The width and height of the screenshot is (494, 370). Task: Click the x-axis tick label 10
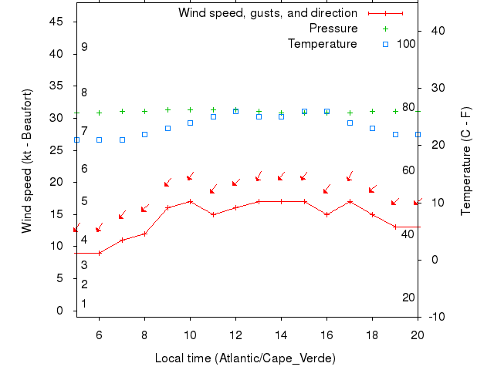(x=190, y=335)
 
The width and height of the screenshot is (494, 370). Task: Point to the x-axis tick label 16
(x=327, y=335)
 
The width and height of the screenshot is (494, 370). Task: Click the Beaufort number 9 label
(x=84, y=47)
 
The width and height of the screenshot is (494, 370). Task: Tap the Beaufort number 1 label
(x=84, y=304)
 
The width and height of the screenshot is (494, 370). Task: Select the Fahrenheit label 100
(x=406, y=44)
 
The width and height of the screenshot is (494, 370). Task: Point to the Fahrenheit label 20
(x=409, y=298)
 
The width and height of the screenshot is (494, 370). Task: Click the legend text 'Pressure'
(x=333, y=29)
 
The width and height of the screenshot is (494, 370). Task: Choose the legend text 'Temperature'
(x=323, y=44)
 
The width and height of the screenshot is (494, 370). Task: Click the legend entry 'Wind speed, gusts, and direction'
(x=268, y=13)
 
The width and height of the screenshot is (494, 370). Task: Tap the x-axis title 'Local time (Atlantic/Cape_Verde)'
(x=245, y=358)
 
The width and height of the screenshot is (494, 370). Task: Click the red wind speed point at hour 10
(x=190, y=202)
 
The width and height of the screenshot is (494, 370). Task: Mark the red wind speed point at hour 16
(x=327, y=214)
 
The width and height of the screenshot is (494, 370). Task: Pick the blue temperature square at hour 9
(x=167, y=128)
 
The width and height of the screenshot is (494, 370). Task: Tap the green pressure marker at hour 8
(x=144, y=111)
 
